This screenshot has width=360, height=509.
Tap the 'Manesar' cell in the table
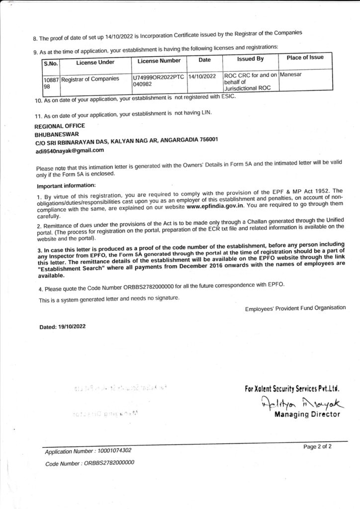292,75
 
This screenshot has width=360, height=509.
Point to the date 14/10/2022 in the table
202,76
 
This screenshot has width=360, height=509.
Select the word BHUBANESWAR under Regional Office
57,134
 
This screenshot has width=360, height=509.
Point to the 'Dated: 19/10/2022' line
63,327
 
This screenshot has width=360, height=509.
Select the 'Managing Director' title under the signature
307,415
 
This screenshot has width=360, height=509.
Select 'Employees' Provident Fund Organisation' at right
295,308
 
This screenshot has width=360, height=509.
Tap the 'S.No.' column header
51,63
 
